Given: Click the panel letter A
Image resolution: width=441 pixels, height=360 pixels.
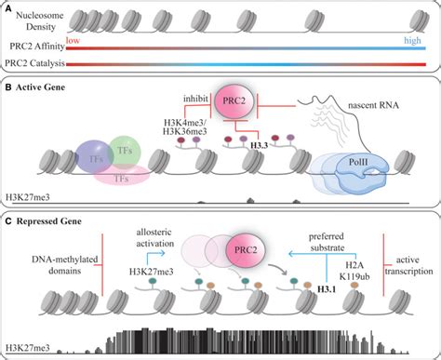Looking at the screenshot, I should click(x=7, y=8).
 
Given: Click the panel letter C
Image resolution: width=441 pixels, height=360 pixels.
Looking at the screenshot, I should click(x=7, y=222).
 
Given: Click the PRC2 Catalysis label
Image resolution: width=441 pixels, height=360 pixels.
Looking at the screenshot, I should click(x=42, y=62).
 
